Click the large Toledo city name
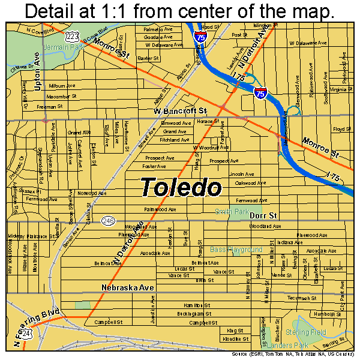pyautogui.click(x=181, y=188)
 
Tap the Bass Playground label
pyautogui.click(x=236, y=249)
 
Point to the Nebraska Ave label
pyautogui.click(x=128, y=288)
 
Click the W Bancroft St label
pyautogui.click(x=179, y=111)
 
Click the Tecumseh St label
pyautogui.click(x=301, y=298)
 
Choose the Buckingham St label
pyautogui.click(x=196, y=313)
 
